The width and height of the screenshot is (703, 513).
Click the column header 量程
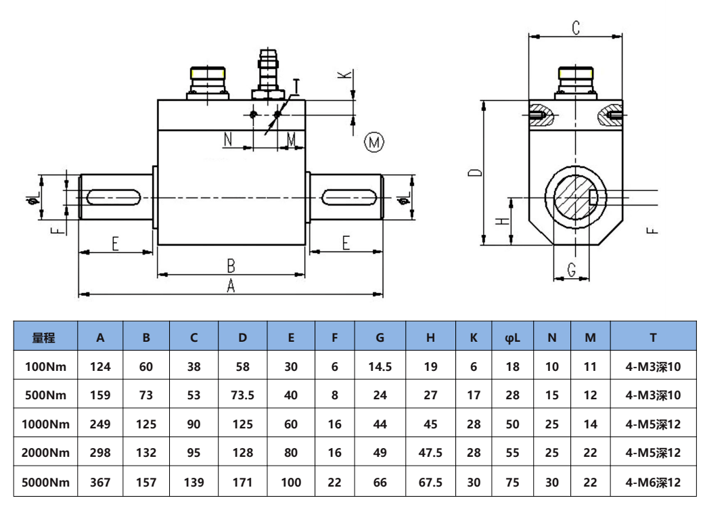pyautogui.click(x=44, y=337)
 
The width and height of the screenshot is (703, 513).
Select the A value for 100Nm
pyautogui.click(x=100, y=367)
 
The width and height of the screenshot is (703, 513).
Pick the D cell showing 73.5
pyautogui.click(x=242, y=395)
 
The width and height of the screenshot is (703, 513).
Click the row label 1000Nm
pyautogui.click(x=44, y=424)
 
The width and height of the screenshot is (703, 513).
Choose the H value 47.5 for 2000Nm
pyautogui.click(x=430, y=453)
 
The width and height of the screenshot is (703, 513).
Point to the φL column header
pyautogui.click(x=512, y=337)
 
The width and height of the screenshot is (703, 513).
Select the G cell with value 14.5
pyautogui.click(x=380, y=367)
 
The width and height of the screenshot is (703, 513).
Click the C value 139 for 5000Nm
pyautogui.click(x=194, y=483)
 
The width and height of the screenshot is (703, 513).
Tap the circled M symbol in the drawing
pyautogui.click(x=374, y=142)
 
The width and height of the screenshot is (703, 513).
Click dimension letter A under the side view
pyautogui.click(x=231, y=286)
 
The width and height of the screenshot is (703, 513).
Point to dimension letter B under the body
pyautogui.click(x=231, y=265)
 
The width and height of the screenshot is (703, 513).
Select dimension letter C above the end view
pyautogui.click(x=576, y=28)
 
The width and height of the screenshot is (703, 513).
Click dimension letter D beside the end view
pyautogui.click(x=476, y=172)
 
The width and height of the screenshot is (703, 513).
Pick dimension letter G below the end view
pyautogui.click(x=572, y=271)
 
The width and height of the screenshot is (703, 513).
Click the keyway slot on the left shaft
pyautogui.click(x=113, y=197)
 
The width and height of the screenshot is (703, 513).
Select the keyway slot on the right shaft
pyautogui.click(x=349, y=197)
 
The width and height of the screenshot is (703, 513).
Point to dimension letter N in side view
pyautogui.click(x=228, y=139)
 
